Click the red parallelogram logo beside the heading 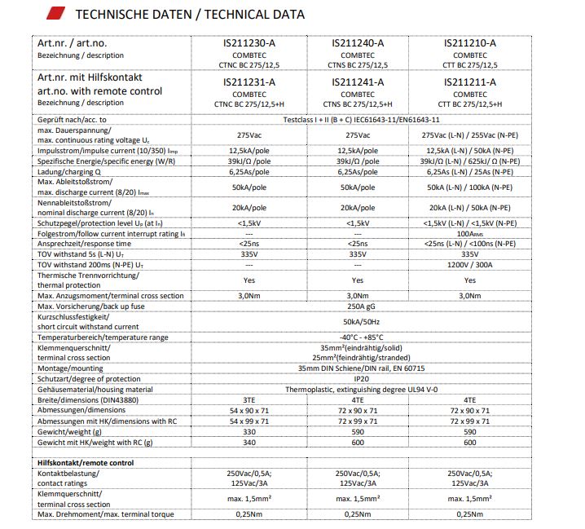point(57,14)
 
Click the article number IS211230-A point(249,42)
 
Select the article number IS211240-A point(358,42)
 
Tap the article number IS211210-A point(469,42)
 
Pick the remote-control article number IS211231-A point(249,82)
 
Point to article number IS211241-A point(358,82)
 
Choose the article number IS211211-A point(469,82)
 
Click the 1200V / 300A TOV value point(470,264)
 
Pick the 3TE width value point(249,399)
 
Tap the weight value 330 point(249,431)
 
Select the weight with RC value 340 point(249,442)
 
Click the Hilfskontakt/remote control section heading point(86,462)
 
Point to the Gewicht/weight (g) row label point(76,431)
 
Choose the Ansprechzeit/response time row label point(84,243)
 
